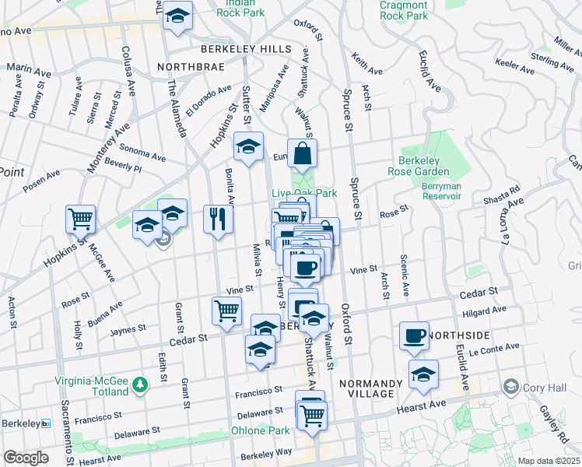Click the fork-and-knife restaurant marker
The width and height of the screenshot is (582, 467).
(x=219, y=219)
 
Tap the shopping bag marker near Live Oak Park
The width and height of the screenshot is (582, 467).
(x=303, y=153)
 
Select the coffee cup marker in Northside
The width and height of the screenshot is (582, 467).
(x=414, y=335)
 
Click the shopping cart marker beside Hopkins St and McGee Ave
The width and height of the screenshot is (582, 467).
(x=80, y=219)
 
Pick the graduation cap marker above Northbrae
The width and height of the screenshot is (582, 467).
(x=178, y=16)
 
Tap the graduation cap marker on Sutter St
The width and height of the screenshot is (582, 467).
(x=249, y=146)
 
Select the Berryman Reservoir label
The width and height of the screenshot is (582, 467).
(x=441, y=191)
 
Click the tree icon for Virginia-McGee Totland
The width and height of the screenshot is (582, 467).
(x=140, y=384)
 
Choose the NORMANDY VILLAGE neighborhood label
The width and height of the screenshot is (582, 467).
(x=370, y=388)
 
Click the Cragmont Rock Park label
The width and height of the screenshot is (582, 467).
(x=404, y=10)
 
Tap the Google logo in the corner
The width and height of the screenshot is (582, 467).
(x=26, y=458)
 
